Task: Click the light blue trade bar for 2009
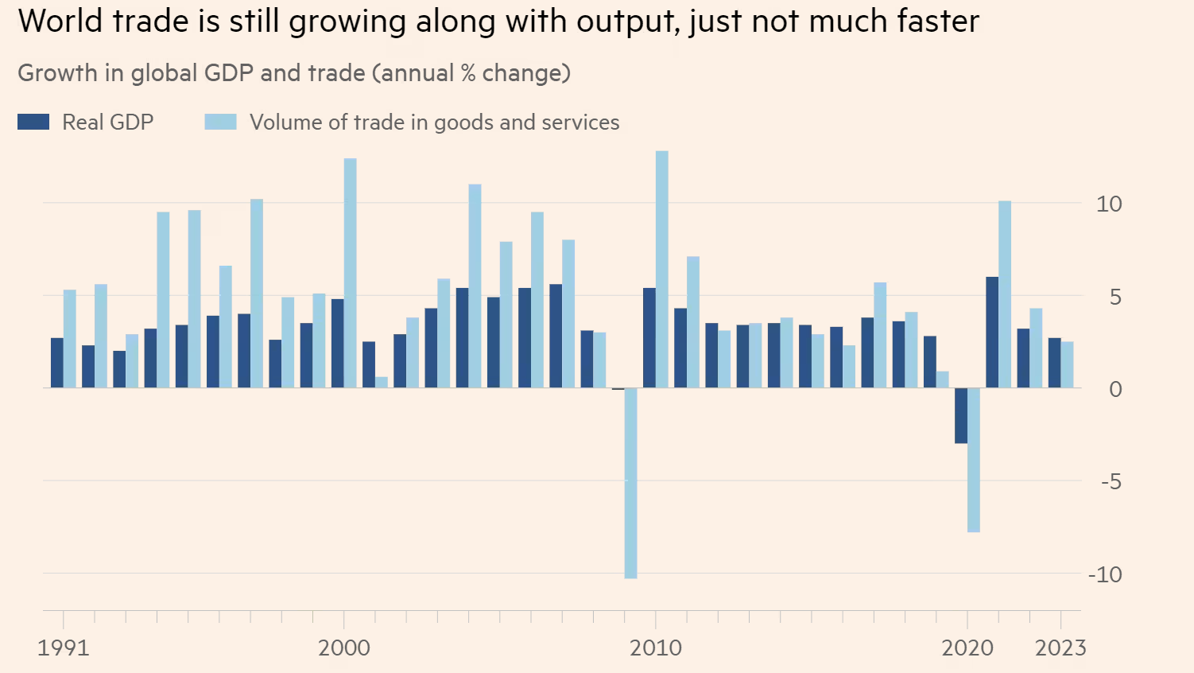click(630, 483)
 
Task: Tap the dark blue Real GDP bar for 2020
click(961, 415)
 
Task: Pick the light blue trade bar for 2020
click(974, 460)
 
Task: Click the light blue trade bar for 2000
click(350, 273)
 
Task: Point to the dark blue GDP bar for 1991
click(57, 363)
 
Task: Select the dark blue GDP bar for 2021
click(992, 333)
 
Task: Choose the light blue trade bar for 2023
click(1067, 365)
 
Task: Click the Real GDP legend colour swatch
click(33, 122)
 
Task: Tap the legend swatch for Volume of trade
click(220, 122)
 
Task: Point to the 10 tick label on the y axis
click(1108, 204)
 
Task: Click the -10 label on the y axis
click(1104, 574)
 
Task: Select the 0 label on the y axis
click(1115, 389)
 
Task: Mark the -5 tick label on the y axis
click(1111, 481)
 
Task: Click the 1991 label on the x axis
click(64, 648)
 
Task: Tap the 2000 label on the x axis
click(344, 648)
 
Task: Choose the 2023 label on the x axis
click(1060, 648)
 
